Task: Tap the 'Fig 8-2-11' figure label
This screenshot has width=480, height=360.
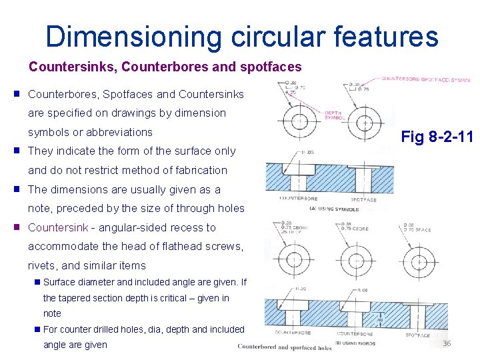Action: (437, 137)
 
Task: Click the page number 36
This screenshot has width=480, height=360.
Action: (447, 343)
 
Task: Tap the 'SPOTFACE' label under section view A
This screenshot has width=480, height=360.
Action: (363, 199)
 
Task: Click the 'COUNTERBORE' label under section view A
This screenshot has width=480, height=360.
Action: (298, 199)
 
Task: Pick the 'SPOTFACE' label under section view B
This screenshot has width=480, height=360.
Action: (417, 335)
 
